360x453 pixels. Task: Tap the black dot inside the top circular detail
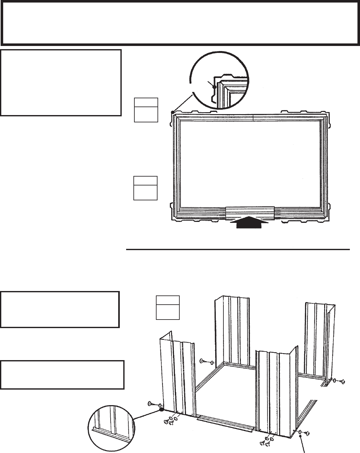215,87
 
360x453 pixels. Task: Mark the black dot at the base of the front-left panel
161,409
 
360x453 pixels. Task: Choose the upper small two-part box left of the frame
146,110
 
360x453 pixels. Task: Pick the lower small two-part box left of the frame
145,188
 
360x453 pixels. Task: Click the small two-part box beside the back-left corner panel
168,307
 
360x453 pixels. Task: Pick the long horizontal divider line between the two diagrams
238,249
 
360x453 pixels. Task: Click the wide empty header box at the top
180,23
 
